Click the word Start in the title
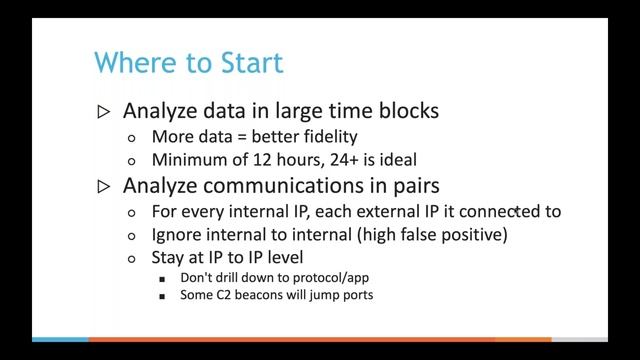tap(250, 63)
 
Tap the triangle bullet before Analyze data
tap(105, 111)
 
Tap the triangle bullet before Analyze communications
tap(105, 186)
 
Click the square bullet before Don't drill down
tap(163, 279)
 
